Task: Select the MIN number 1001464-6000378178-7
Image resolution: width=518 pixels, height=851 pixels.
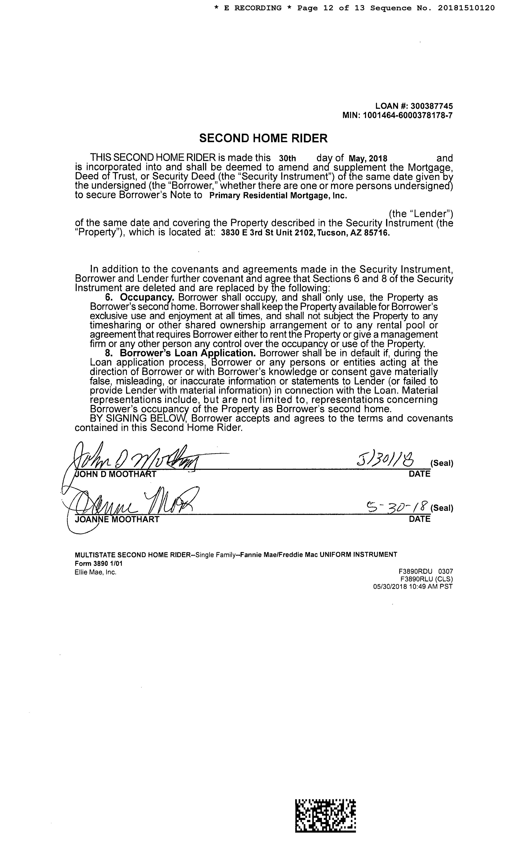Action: tap(408, 115)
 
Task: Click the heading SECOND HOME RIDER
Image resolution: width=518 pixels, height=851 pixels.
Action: tap(263, 139)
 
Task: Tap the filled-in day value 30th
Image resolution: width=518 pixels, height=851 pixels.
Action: tap(287, 159)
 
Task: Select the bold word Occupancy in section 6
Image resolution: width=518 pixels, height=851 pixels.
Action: tap(147, 297)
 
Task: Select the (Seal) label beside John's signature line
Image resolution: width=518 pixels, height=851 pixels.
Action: tap(442, 463)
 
